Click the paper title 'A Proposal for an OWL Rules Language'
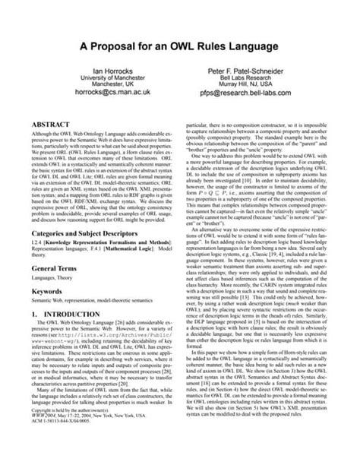click(180, 47)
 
